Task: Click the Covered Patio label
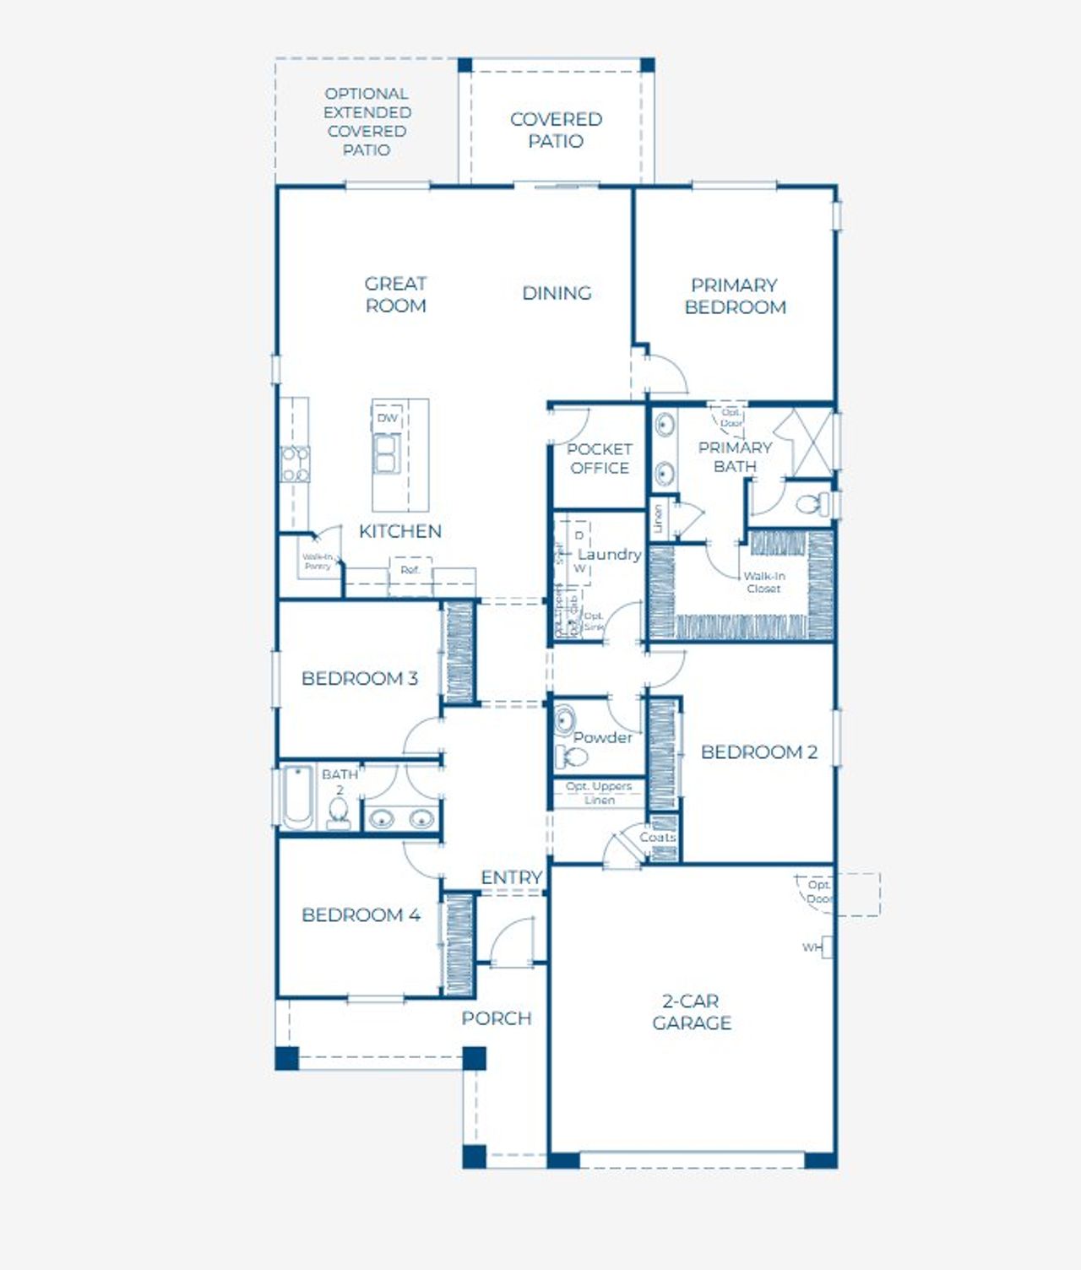click(x=556, y=130)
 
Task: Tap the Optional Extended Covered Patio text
click(x=367, y=122)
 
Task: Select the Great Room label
click(x=395, y=295)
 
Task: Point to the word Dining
click(x=557, y=293)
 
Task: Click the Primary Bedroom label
click(x=735, y=296)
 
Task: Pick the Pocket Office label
click(x=599, y=459)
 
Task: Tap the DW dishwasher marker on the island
click(x=387, y=418)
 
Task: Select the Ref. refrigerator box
click(x=410, y=571)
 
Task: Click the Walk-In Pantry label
click(x=318, y=562)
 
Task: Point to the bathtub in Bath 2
click(x=297, y=797)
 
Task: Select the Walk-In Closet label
click(x=763, y=582)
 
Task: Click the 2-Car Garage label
click(x=691, y=1012)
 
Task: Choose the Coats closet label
click(x=657, y=837)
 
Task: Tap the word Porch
click(x=497, y=1018)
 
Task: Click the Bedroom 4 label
click(x=361, y=915)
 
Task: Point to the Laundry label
click(x=609, y=554)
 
